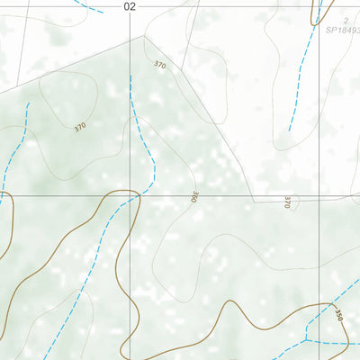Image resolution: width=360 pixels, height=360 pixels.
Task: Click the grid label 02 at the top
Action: (x=130, y=6)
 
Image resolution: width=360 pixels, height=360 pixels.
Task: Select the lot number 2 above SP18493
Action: (x=346, y=19)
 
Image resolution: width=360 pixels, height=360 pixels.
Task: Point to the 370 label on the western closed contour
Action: (x=80, y=128)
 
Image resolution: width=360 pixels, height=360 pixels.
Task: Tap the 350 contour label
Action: (x=339, y=315)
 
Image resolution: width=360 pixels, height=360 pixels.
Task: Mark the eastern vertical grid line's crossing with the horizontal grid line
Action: (x=320, y=195)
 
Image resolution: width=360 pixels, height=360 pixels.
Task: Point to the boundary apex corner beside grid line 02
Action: (x=142, y=36)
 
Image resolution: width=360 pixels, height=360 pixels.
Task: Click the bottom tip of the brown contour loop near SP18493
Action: (x=316, y=24)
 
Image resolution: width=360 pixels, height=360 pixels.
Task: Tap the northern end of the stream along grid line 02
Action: (x=131, y=76)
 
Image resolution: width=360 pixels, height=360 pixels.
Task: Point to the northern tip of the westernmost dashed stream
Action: (x=28, y=103)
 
